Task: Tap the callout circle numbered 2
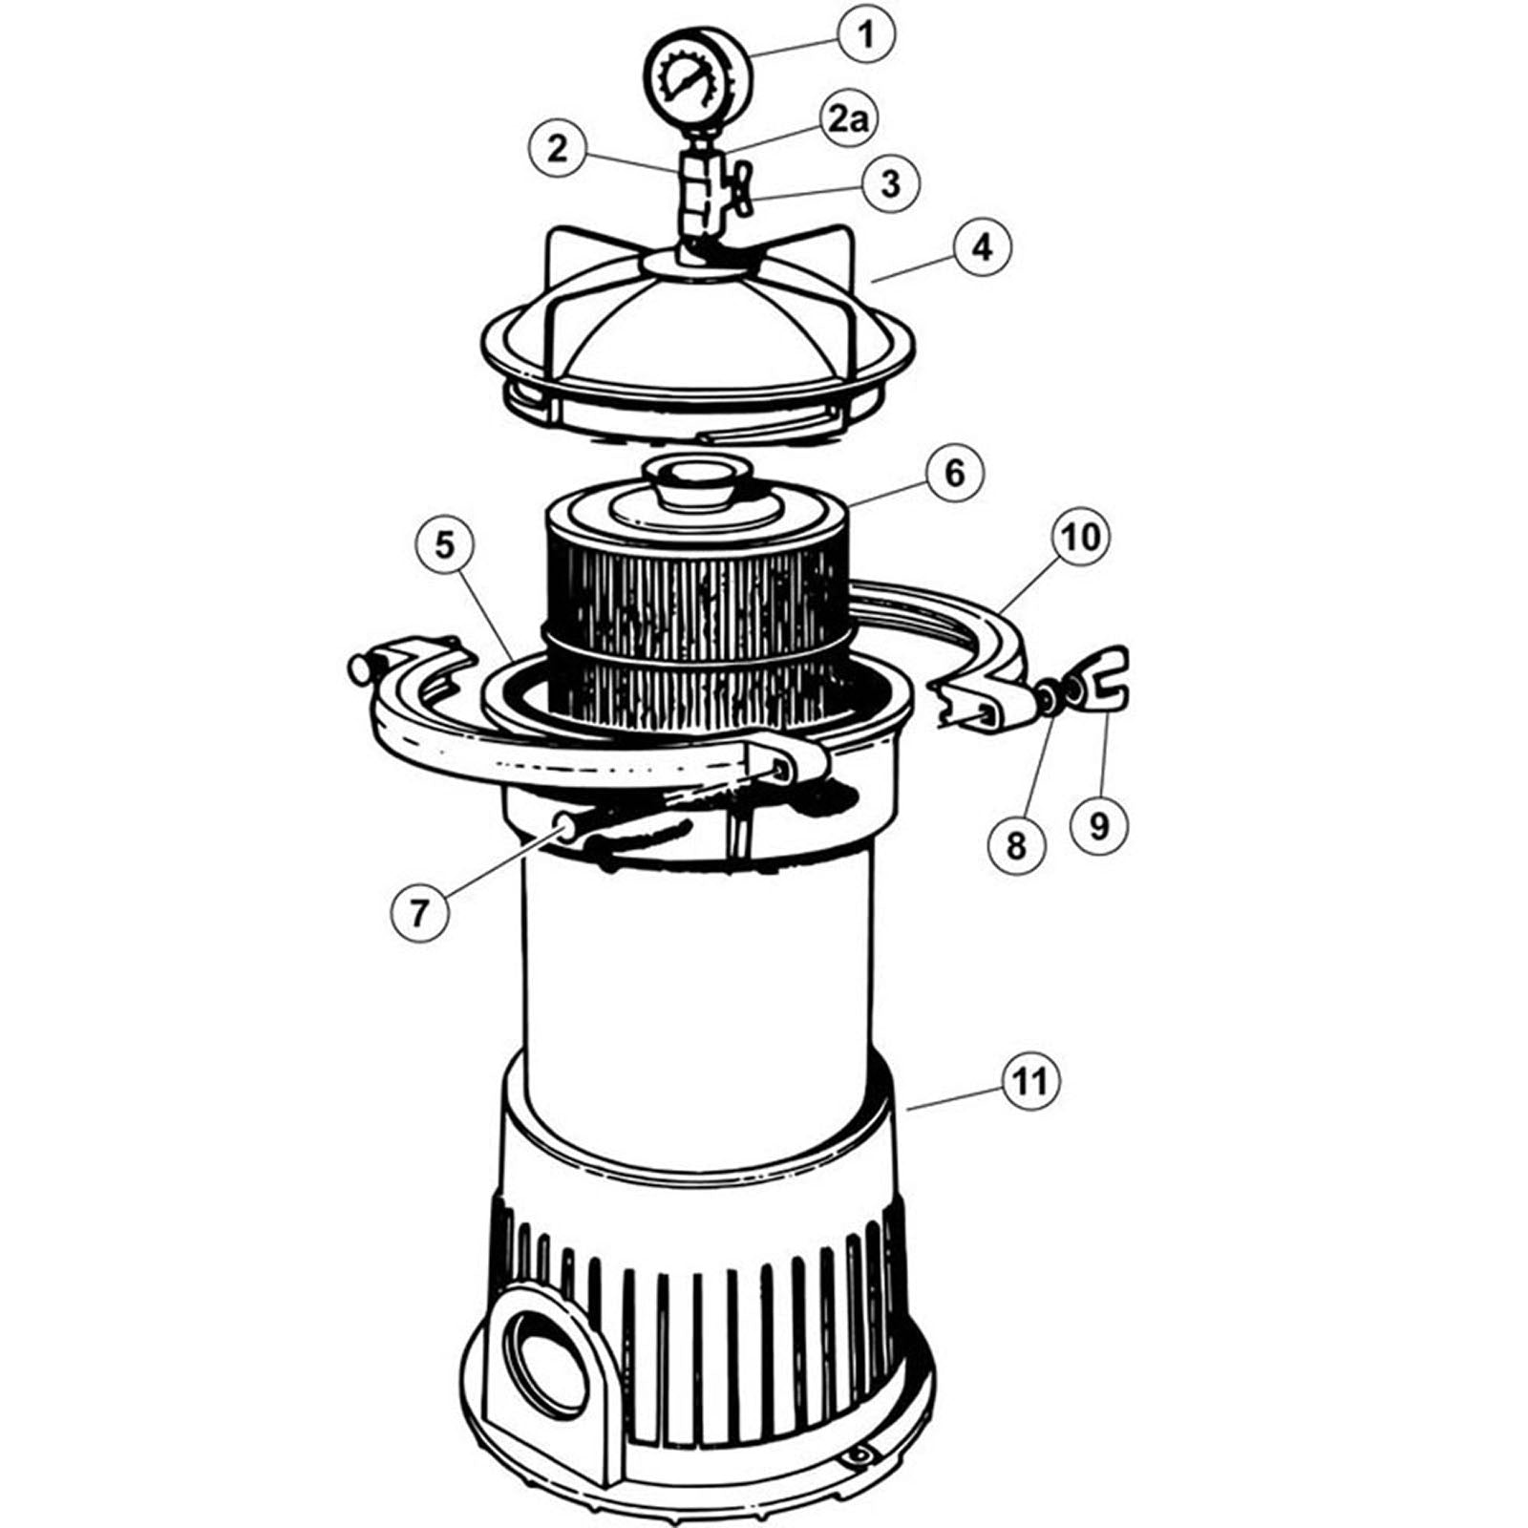[558, 148]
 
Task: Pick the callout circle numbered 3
[891, 182]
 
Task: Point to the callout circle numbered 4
[981, 247]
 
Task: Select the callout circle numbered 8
[1015, 843]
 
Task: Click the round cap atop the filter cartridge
[690, 483]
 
